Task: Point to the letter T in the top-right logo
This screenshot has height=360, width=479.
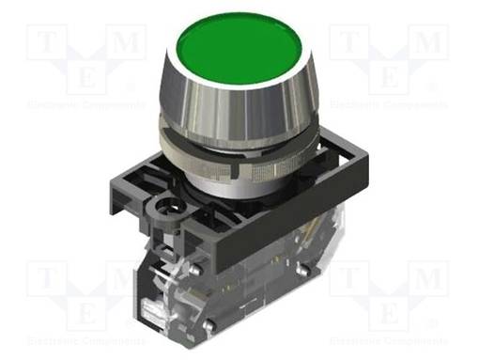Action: (347, 42)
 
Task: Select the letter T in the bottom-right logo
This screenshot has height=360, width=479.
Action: (347, 279)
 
